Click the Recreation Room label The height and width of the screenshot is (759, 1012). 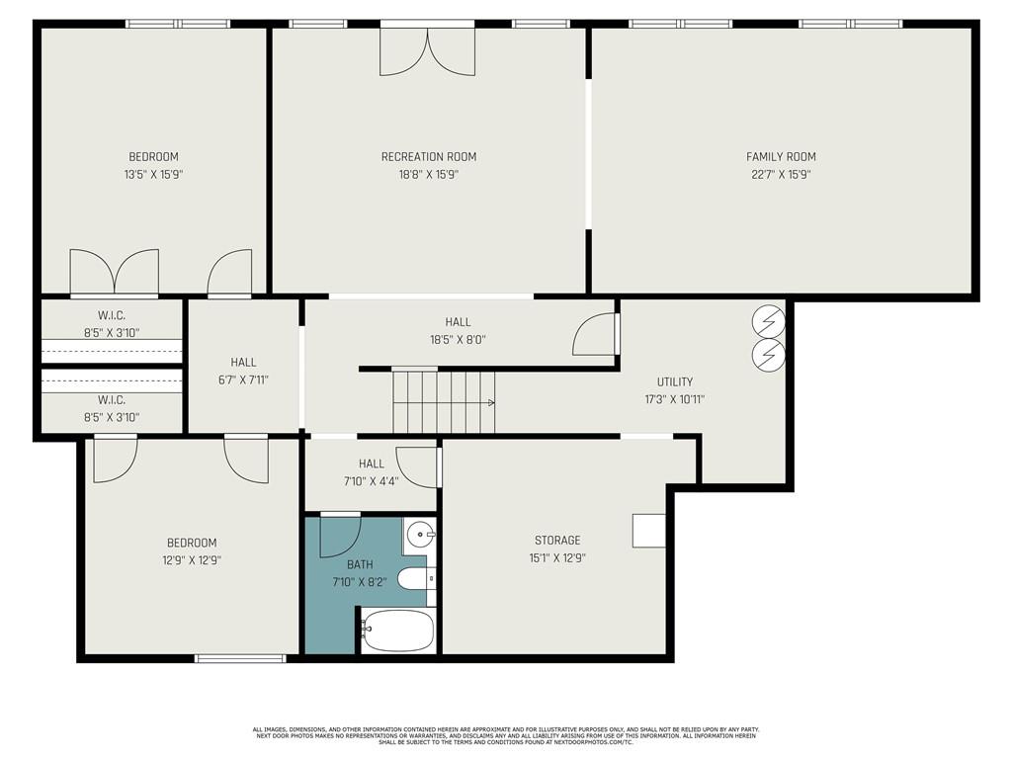point(429,156)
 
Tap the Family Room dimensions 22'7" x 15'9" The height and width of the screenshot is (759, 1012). point(781,175)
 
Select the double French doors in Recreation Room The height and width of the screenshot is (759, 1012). point(427,51)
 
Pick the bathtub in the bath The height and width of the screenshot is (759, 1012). point(397,630)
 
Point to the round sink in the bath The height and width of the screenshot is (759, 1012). point(422,535)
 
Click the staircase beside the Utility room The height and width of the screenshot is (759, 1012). point(443,401)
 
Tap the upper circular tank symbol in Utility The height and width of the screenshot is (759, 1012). point(768,320)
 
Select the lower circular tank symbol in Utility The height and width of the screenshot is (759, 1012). point(768,354)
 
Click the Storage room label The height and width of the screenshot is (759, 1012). point(557,541)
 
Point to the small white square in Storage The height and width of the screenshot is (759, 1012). point(649,531)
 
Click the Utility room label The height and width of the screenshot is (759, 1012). point(675,381)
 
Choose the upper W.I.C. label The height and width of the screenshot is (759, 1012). point(111,315)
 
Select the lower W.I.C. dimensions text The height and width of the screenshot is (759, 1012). point(112,417)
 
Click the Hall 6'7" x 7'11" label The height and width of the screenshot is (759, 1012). point(243,363)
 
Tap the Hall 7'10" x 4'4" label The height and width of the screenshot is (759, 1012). point(371,464)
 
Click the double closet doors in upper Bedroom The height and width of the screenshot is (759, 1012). point(115,272)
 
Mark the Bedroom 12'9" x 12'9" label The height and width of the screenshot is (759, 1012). point(192,543)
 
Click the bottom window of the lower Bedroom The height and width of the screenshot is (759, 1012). point(233,658)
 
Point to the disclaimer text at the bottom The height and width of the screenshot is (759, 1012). point(505,735)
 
